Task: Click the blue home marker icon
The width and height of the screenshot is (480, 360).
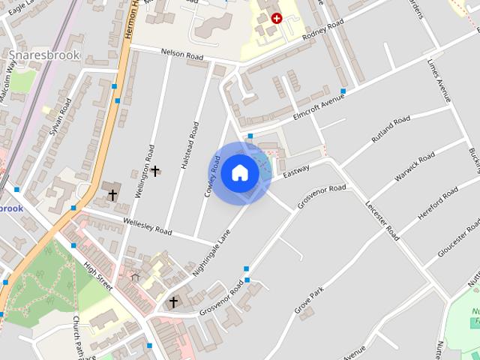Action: pyautogui.click(x=239, y=173)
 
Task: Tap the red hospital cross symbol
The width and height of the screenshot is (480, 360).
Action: pyautogui.click(x=277, y=18)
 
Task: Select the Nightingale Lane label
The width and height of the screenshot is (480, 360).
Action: pyautogui.click(x=211, y=252)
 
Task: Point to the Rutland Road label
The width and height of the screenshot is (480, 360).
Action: pyautogui.click(x=391, y=129)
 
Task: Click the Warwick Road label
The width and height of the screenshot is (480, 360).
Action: pyautogui.click(x=415, y=166)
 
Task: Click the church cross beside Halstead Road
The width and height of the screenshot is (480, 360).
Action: pyautogui.click(x=155, y=171)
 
